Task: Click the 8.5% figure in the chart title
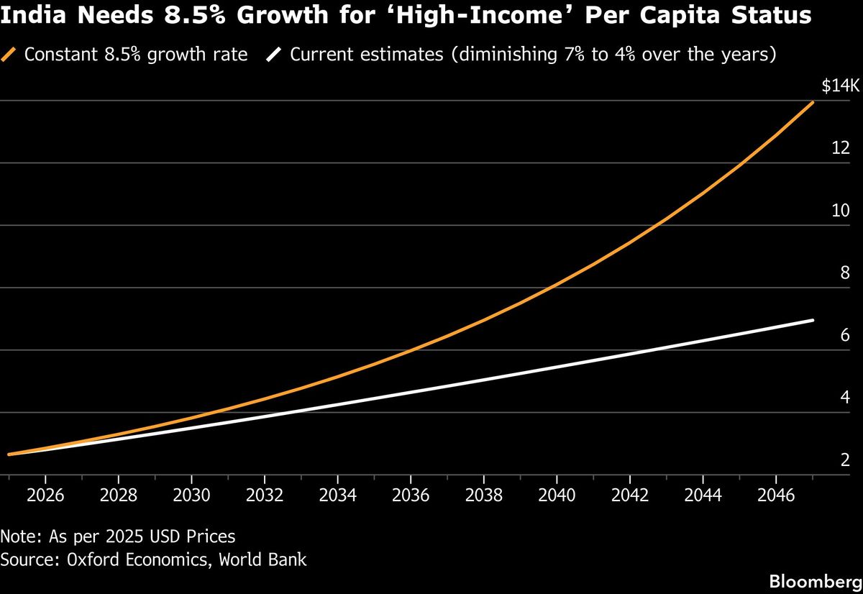[195, 15]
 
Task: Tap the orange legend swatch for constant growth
[9, 55]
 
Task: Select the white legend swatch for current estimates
[274, 55]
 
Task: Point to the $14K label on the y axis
[840, 86]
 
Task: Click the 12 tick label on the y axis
[841, 148]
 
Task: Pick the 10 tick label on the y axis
[841, 210]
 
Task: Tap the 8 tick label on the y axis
[845, 273]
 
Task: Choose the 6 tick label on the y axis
[845, 335]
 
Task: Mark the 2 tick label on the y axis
[845, 460]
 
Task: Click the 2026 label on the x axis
[45, 495]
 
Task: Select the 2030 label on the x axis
[191, 495]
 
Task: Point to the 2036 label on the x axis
[411, 495]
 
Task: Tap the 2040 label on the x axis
[557, 495]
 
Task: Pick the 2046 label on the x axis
[776, 495]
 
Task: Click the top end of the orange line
[813, 102]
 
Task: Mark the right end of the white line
[813, 320]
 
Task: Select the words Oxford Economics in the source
[137, 559]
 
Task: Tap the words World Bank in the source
[262, 559]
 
